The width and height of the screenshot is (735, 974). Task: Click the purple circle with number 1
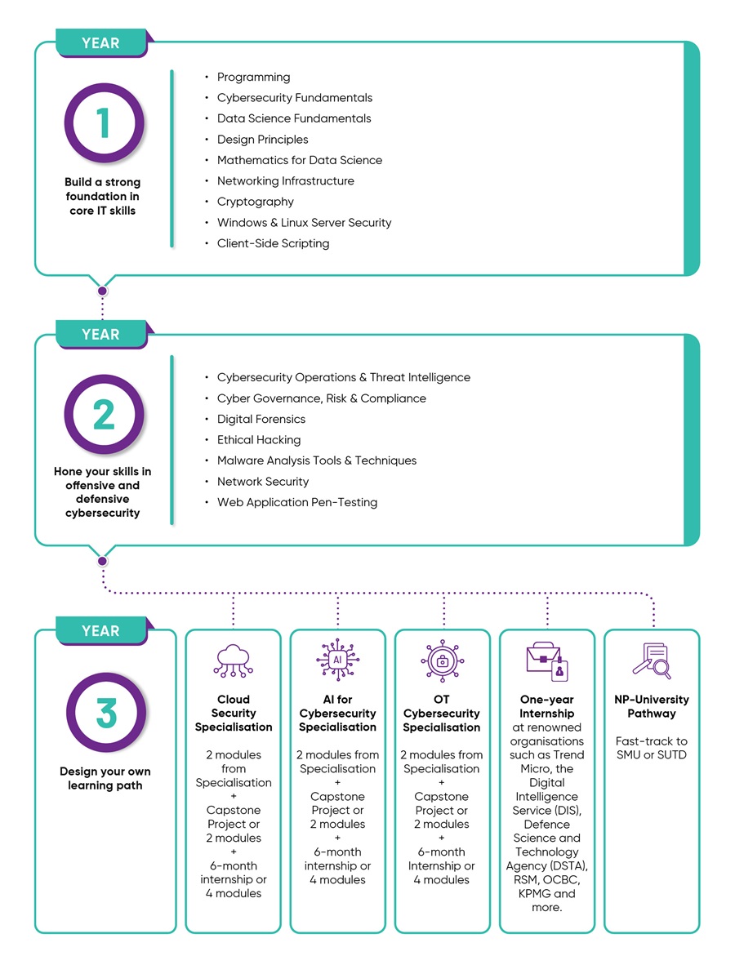click(x=104, y=123)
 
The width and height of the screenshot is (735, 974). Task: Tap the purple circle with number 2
click(x=104, y=415)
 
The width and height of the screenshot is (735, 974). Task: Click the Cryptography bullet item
click(x=255, y=202)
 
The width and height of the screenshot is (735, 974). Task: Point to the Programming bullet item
click(x=253, y=78)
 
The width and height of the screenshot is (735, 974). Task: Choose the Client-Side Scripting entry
click(x=273, y=243)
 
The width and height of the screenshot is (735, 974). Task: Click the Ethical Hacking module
click(x=258, y=440)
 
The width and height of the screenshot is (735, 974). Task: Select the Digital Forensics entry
click(x=261, y=419)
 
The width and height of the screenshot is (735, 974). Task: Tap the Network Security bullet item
click(x=263, y=482)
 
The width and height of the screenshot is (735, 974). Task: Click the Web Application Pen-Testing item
click(x=296, y=502)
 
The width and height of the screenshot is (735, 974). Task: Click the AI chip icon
click(x=337, y=660)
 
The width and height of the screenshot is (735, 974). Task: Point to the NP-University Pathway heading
click(x=652, y=706)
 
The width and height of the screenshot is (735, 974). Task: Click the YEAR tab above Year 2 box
click(x=100, y=335)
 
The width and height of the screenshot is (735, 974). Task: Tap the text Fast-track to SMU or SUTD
click(x=652, y=748)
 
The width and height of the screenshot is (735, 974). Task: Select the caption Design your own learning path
click(x=105, y=778)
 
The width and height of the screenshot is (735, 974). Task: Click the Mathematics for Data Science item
click(x=299, y=160)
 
